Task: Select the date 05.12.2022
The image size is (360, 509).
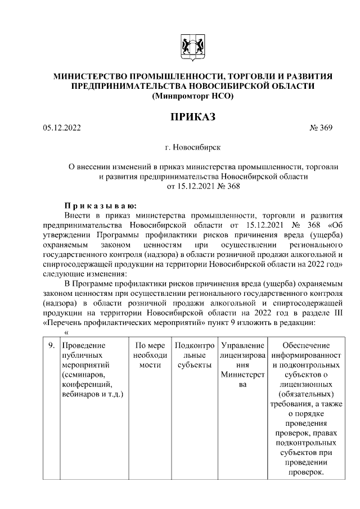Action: (x=62, y=128)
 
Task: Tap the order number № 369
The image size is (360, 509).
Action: (x=321, y=128)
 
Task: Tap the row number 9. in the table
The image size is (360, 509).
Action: (x=51, y=345)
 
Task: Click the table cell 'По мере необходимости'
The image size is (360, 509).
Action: (x=150, y=355)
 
